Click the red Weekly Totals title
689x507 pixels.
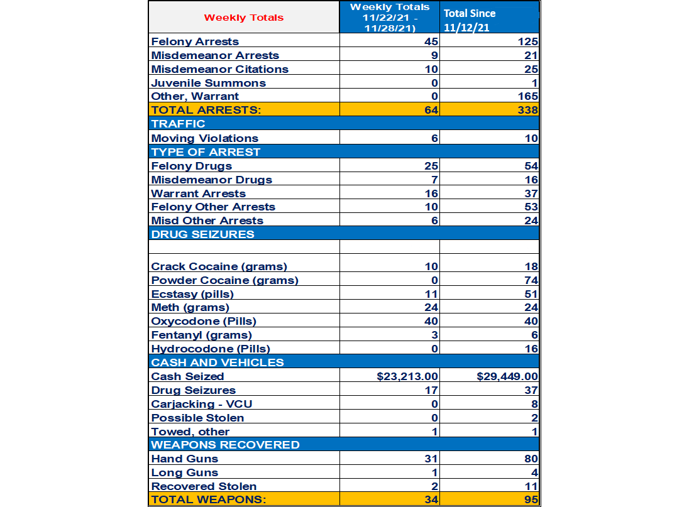[244, 18]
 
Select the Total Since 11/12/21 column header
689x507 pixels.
[470, 19]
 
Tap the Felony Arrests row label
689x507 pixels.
[195, 41]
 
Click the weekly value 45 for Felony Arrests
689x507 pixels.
[431, 42]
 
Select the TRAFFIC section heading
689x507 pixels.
[179, 124]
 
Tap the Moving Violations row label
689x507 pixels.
[204, 138]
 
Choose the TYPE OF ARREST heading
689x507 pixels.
[206, 152]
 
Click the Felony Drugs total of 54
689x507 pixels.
[531, 166]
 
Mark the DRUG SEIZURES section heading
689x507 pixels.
[202, 234]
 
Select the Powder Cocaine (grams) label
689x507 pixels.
[224, 280]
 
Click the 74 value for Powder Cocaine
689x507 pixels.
[531, 281]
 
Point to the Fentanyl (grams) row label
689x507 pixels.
[201, 335]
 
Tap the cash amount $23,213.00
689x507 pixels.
[407, 376]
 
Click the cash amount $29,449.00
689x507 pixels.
[507, 376]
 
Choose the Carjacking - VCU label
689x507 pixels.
[202, 404]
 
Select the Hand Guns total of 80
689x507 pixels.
[531, 459]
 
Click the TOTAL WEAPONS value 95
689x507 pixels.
[531, 500]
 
